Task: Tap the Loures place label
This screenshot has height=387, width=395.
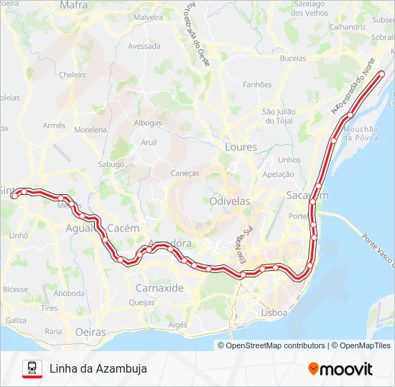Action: (240, 146)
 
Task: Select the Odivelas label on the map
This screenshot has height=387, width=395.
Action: (230, 201)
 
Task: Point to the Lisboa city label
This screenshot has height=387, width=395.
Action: (274, 312)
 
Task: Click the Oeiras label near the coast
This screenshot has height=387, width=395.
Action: (90, 333)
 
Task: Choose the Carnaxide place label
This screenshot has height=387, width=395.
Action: (159, 287)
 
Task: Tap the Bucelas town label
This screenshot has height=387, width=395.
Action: (292, 58)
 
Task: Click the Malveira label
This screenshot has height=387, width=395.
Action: (149, 16)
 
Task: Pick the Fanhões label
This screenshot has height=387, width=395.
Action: (257, 85)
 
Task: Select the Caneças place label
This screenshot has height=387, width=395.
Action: (185, 173)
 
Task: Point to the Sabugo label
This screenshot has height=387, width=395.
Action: (111, 164)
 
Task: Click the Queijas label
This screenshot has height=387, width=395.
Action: (141, 302)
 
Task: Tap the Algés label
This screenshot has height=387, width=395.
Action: (177, 325)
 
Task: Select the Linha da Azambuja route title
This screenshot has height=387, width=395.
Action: (98, 368)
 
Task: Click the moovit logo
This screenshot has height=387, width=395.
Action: (340, 369)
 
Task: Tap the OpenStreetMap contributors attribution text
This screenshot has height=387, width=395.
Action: (275, 345)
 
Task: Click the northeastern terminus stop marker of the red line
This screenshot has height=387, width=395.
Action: (382, 75)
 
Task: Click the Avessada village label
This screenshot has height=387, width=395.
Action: (144, 46)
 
